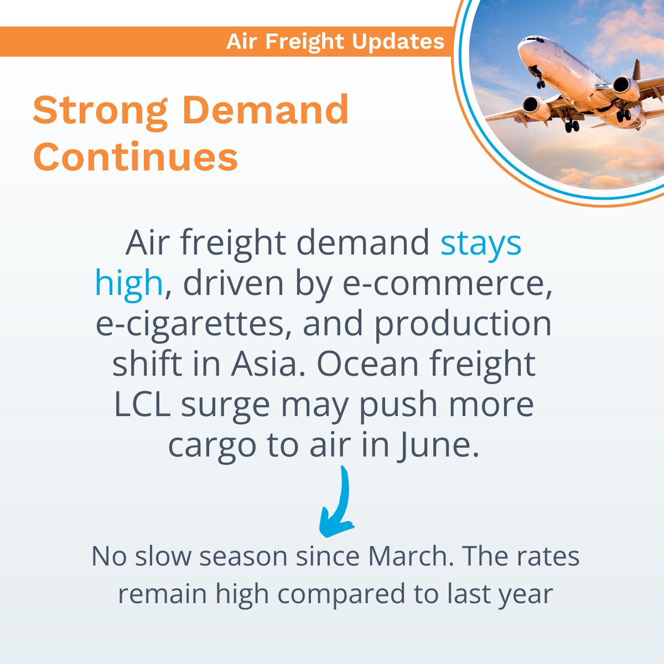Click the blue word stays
(x=480, y=243)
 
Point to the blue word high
(x=128, y=283)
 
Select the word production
(x=463, y=324)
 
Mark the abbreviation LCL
(x=143, y=404)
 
